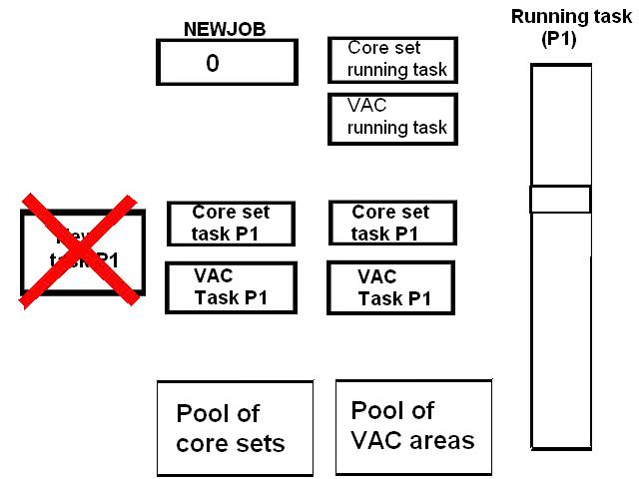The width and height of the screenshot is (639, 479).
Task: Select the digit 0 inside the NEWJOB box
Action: [x=213, y=63]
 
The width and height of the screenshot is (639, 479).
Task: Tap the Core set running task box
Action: [x=392, y=60]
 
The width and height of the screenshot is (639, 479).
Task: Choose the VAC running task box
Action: [x=392, y=119]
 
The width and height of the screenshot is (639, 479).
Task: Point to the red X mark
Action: [x=80, y=249]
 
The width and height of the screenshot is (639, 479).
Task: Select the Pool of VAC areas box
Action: [x=413, y=425]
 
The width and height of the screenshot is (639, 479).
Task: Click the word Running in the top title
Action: [x=545, y=16]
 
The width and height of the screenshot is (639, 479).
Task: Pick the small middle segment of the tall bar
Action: [x=560, y=199]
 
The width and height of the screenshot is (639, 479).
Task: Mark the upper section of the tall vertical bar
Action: [x=560, y=125]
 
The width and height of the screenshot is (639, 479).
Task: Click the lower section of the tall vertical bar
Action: [x=560, y=339]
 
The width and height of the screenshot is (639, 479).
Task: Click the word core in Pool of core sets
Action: [x=200, y=443]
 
